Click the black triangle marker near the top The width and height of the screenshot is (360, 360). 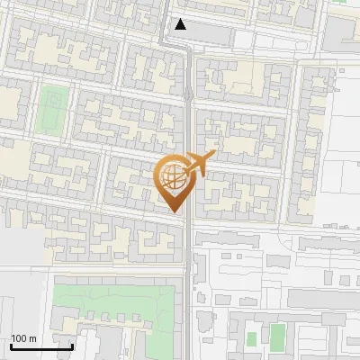182,25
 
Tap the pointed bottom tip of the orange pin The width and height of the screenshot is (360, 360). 174,211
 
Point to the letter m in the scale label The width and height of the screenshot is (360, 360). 33,338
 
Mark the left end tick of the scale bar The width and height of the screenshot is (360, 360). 10,346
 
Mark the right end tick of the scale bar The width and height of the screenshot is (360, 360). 72,346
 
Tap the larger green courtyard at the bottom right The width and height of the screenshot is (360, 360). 278,337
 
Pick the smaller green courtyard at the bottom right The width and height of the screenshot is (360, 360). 252,338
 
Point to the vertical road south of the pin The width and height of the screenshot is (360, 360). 185,270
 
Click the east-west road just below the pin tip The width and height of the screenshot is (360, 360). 135,226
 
